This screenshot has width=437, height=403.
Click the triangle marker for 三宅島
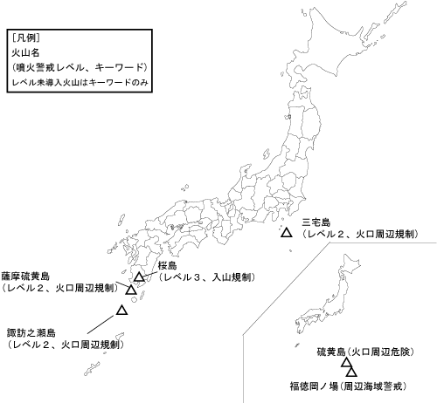click(x=286, y=234)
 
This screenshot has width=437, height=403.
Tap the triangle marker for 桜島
click(x=139, y=277)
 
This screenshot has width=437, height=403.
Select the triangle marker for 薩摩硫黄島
click(x=131, y=290)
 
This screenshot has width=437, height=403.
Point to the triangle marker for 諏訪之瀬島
click(x=122, y=310)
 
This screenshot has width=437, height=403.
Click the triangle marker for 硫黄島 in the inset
click(x=347, y=365)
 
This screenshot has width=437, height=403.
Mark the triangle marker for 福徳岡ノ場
click(x=352, y=372)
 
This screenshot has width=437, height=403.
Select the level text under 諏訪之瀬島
click(x=65, y=345)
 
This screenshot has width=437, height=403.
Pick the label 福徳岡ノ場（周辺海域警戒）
click(x=350, y=385)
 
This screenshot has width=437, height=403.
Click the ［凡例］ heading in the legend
click(x=25, y=40)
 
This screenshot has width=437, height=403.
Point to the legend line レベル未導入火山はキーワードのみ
click(x=74, y=82)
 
